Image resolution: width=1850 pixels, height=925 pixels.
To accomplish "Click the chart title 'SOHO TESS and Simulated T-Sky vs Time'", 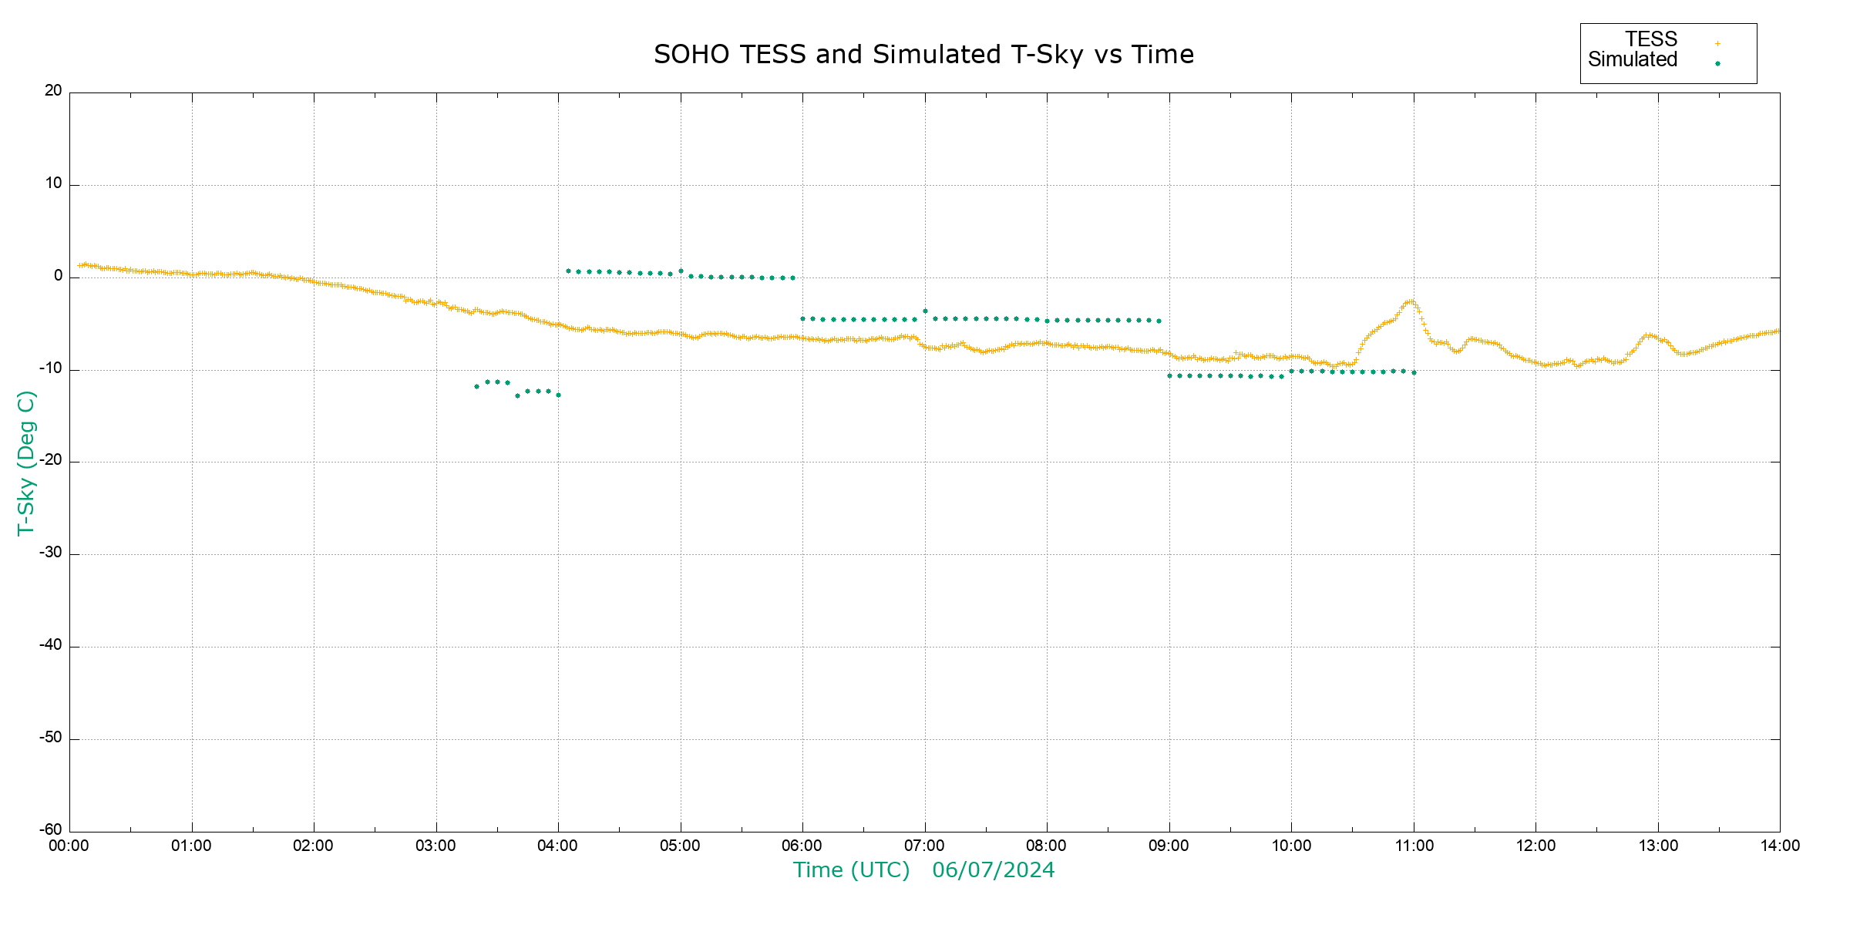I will click(x=923, y=55).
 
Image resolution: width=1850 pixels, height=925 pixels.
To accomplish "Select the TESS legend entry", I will click(x=1651, y=39).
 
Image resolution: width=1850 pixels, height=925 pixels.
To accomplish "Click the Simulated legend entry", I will click(x=1633, y=60).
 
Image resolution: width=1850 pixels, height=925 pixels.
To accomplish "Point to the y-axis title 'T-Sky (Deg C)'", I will click(x=26, y=462).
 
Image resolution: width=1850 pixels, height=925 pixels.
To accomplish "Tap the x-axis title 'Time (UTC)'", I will click(x=851, y=870).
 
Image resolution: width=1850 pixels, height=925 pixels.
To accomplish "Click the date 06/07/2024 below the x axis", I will click(x=993, y=870).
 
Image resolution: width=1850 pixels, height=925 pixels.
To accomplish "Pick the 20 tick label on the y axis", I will click(x=53, y=91).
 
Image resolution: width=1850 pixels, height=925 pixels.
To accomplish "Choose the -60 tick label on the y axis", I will click(x=51, y=830).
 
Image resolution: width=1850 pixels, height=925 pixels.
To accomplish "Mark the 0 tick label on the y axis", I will click(x=58, y=276).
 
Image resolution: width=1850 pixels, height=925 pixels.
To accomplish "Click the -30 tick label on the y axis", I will click(x=51, y=553).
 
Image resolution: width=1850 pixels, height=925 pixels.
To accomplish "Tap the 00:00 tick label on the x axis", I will click(x=69, y=846).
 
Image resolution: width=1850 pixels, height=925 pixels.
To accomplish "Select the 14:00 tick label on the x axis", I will click(x=1780, y=846).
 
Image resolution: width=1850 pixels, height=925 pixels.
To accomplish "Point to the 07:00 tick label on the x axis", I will click(x=924, y=846).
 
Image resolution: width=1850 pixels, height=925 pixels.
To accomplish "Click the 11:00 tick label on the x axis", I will click(x=1414, y=846).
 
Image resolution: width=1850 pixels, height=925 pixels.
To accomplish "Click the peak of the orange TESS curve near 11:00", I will click(x=1410, y=301).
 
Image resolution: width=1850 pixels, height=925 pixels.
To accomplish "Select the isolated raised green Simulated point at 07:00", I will click(x=925, y=311).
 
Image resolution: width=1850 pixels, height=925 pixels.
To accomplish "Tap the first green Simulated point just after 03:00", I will click(x=476, y=386).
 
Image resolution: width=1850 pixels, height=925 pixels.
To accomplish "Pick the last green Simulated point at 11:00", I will click(x=1414, y=373).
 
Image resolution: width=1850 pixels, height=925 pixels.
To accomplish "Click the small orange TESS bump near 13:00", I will click(x=1648, y=335).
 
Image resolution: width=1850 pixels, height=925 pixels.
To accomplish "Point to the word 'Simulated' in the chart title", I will click(x=937, y=55).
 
